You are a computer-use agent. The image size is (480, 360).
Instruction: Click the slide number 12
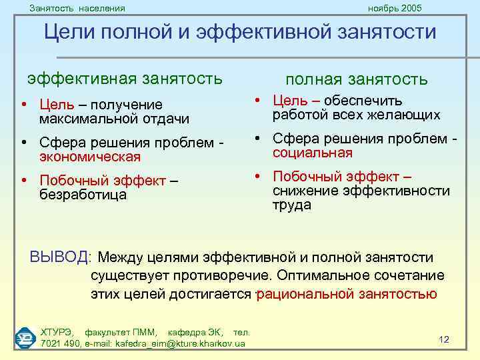pyautogui.click(x=444, y=339)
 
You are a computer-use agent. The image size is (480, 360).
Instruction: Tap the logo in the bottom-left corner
pyautogui.click(x=26, y=337)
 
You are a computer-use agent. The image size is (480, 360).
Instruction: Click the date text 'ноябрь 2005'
pyautogui.click(x=395, y=8)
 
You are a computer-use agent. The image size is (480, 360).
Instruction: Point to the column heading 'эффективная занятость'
pyautogui.click(x=125, y=79)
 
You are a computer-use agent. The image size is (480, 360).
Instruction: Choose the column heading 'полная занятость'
pyautogui.click(x=357, y=80)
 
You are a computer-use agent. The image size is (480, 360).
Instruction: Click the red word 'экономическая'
pyautogui.click(x=90, y=157)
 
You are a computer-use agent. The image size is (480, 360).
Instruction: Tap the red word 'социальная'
pyautogui.click(x=312, y=153)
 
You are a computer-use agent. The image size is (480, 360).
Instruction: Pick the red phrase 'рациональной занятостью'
pyautogui.click(x=347, y=294)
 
